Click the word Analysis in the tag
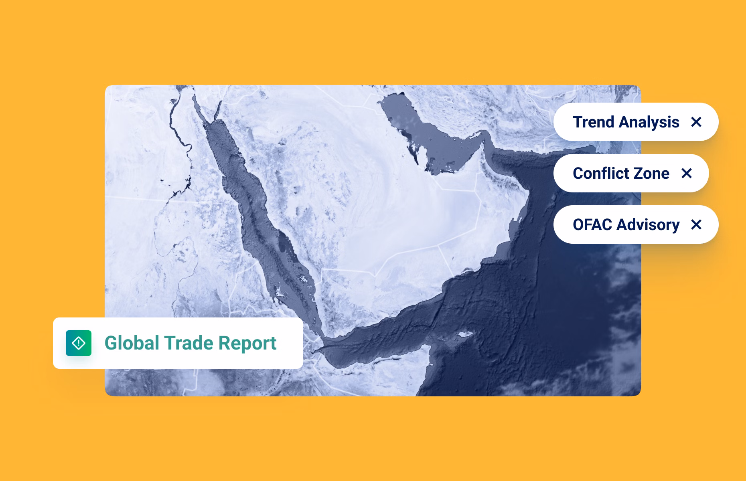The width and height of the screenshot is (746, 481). pyautogui.click(x=648, y=122)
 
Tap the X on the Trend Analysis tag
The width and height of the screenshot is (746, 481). pyautogui.click(x=696, y=122)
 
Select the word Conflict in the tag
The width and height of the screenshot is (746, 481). pyautogui.click(x=600, y=173)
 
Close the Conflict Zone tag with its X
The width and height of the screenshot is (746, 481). pyautogui.click(x=687, y=173)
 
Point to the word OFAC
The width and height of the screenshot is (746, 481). pyautogui.click(x=592, y=224)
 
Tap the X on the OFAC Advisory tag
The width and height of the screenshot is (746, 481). pyautogui.click(x=696, y=224)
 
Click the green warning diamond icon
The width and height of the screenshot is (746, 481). pyautogui.click(x=79, y=343)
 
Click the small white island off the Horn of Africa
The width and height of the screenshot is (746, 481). pyautogui.click(x=464, y=334)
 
